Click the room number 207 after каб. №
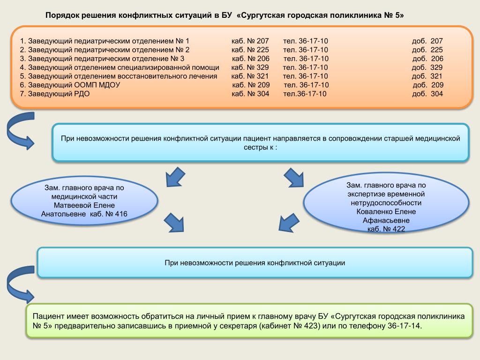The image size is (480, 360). pyautogui.click(x=262, y=41)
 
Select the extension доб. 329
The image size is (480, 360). pyautogui.click(x=427, y=67)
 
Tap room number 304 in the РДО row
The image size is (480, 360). pyautogui.click(x=263, y=94)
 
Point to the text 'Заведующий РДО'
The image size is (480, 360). pyautogui.click(x=59, y=94)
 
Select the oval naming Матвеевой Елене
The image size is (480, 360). pyautogui.click(x=84, y=201)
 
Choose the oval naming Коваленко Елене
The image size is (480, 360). pyautogui.click(x=386, y=202)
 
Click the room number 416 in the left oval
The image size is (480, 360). pyautogui.click(x=121, y=214)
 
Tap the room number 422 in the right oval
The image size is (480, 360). pyautogui.click(x=398, y=229)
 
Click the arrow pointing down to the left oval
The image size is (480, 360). pyautogui.click(x=175, y=177)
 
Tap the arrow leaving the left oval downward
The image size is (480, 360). pyautogui.click(x=174, y=223)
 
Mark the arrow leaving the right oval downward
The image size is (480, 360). pyautogui.click(x=289, y=223)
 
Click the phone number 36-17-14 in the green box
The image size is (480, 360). pyautogui.click(x=404, y=326)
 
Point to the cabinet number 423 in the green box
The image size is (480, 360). pyautogui.click(x=311, y=326)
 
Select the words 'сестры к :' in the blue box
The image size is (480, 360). pyautogui.click(x=261, y=147)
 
